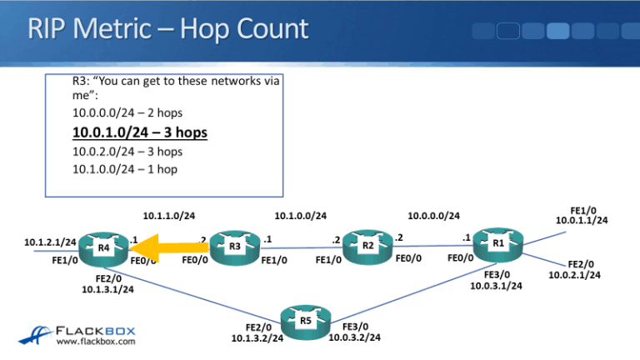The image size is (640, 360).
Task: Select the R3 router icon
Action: [234, 247]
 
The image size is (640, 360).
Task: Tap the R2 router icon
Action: [367, 247]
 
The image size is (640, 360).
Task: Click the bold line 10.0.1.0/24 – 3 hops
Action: [139, 132]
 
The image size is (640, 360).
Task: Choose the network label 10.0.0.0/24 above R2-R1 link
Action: [433, 216]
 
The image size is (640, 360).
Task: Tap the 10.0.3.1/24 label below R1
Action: [497, 286]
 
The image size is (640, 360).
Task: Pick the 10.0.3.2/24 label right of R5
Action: [355, 337]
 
